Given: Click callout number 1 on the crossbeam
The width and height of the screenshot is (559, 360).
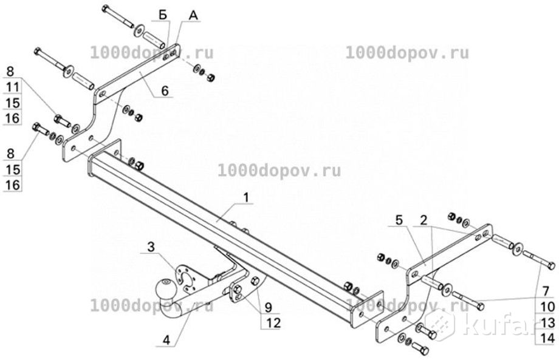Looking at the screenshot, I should [x=247, y=197].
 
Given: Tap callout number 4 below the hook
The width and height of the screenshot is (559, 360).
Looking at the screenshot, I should [x=166, y=340].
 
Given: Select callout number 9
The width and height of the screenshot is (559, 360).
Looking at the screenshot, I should [x=267, y=307].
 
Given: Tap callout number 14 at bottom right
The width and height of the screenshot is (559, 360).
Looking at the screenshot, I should [x=544, y=338].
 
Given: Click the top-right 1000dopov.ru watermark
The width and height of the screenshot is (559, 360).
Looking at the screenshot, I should [x=407, y=53].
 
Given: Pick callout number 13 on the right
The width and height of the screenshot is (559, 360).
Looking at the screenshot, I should [x=544, y=323].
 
